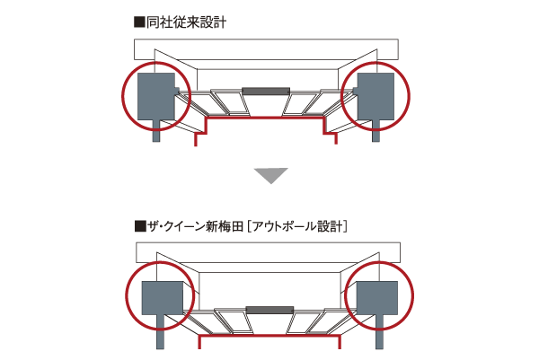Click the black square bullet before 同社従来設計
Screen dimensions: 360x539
(138, 21)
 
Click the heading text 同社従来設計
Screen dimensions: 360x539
(184, 21)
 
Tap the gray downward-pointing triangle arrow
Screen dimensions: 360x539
(269, 174)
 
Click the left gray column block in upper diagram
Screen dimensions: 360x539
(155, 96)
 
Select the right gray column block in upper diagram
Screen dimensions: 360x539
(376, 96)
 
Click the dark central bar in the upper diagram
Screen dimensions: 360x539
(265, 91)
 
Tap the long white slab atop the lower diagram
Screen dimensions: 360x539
(269, 251)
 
